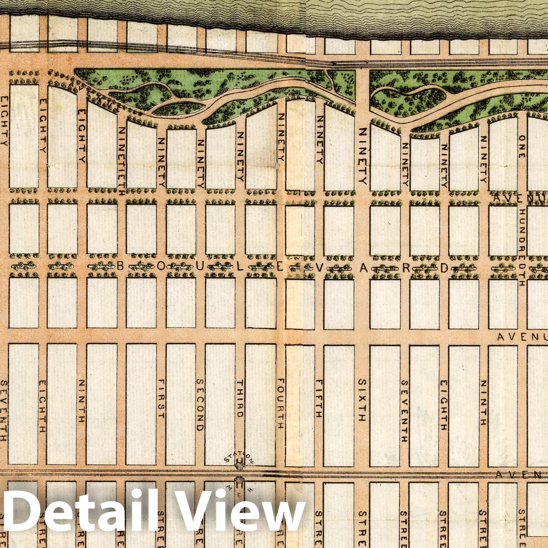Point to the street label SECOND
[x=200, y=404]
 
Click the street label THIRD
[x=240, y=398]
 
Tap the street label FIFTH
[x=319, y=398]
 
